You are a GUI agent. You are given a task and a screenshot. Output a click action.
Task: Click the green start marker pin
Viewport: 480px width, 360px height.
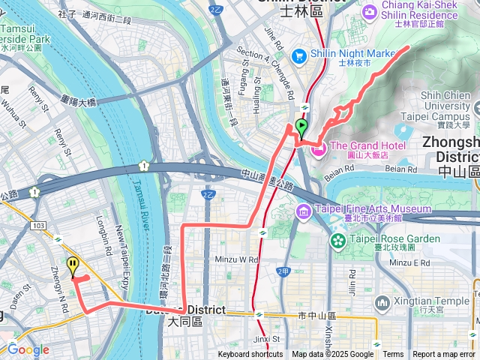pos(301,127)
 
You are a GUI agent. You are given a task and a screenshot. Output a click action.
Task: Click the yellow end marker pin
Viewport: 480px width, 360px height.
pos(72,265)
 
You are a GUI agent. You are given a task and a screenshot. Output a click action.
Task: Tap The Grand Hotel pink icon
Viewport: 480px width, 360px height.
pos(317,150)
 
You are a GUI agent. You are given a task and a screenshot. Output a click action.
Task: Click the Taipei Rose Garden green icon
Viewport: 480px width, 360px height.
pos(337,241)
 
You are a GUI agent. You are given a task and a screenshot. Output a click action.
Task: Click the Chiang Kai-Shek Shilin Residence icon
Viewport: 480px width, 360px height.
pos(369,12)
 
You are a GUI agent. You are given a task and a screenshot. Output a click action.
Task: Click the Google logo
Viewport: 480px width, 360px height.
pos(28,349)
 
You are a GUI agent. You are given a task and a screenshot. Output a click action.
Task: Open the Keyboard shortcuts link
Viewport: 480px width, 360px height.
pos(250,355)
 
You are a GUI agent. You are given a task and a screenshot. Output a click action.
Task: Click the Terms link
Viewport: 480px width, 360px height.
pos(393,355)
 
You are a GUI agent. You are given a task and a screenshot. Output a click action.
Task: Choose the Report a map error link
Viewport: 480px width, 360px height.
pos(445,355)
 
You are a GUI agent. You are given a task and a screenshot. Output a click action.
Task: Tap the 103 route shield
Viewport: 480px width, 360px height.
pos(39,224)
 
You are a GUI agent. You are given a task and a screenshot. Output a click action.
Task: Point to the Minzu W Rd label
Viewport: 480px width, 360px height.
pos(236,258)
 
